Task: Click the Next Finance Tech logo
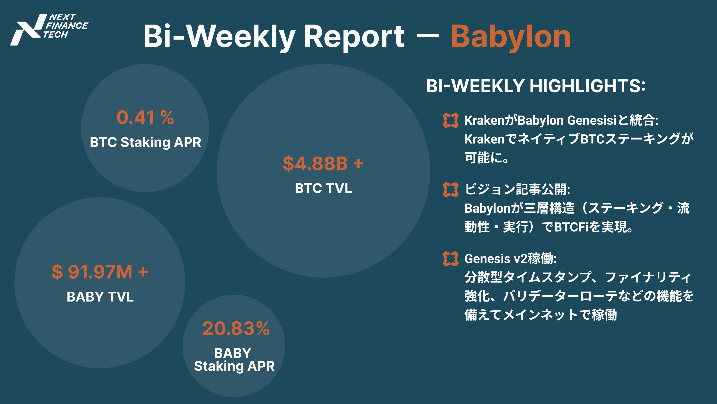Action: (49, 29)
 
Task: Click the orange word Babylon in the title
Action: (511, 38)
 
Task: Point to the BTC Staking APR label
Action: (145, 142)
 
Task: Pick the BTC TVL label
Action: (323, 188)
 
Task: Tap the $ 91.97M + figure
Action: (100, 272)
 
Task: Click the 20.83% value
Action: (236, 329)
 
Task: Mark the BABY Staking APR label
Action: (234, 359)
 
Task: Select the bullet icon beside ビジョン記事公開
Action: (450, 190)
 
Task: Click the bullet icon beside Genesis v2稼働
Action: (450, 259)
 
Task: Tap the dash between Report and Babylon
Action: (428, 37)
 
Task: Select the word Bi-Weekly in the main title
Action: (219, 38)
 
